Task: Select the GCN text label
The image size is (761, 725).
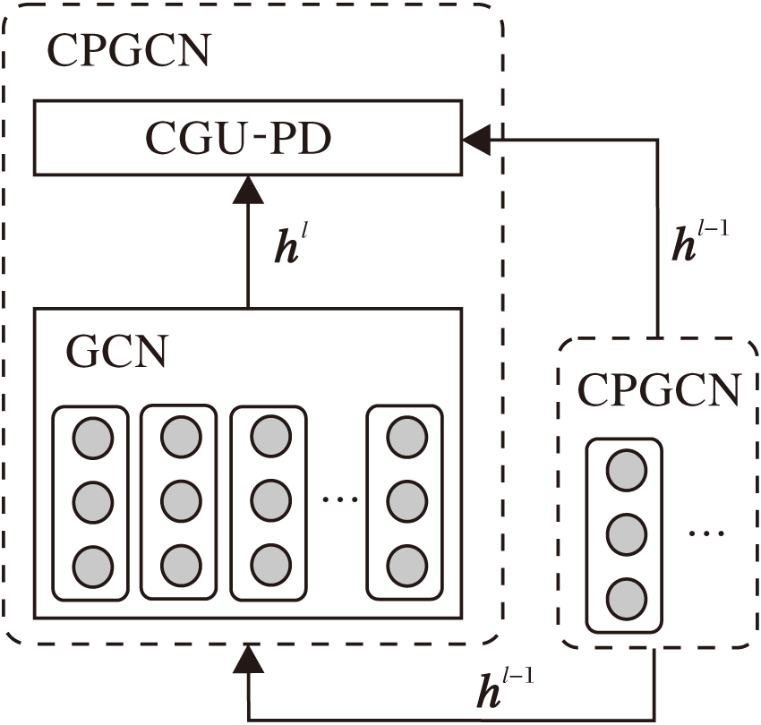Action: click(x=117, y=353)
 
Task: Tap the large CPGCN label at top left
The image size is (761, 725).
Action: click(x=129, y=52)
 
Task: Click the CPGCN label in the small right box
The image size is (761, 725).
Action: click(x=658, y=390)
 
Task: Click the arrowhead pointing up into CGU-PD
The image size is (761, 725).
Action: click(x=248, y=190)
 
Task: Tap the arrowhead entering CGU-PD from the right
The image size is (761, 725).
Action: click(x=475, y=139)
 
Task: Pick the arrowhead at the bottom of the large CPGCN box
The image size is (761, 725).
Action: click(x=248, y=660)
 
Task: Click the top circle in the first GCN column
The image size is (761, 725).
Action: click(x=92, y=439)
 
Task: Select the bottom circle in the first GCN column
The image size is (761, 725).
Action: click(x=92, y=566)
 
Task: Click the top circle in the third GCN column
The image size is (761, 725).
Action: click(x=270, y=439)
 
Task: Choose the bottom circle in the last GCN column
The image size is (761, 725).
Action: click(x=406, y=566)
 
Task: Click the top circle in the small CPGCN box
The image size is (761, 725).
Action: click(x=626, y=471)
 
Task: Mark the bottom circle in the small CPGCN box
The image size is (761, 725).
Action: click(x=626, y=598)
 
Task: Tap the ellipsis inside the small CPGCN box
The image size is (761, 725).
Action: click(x=707, y=534)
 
